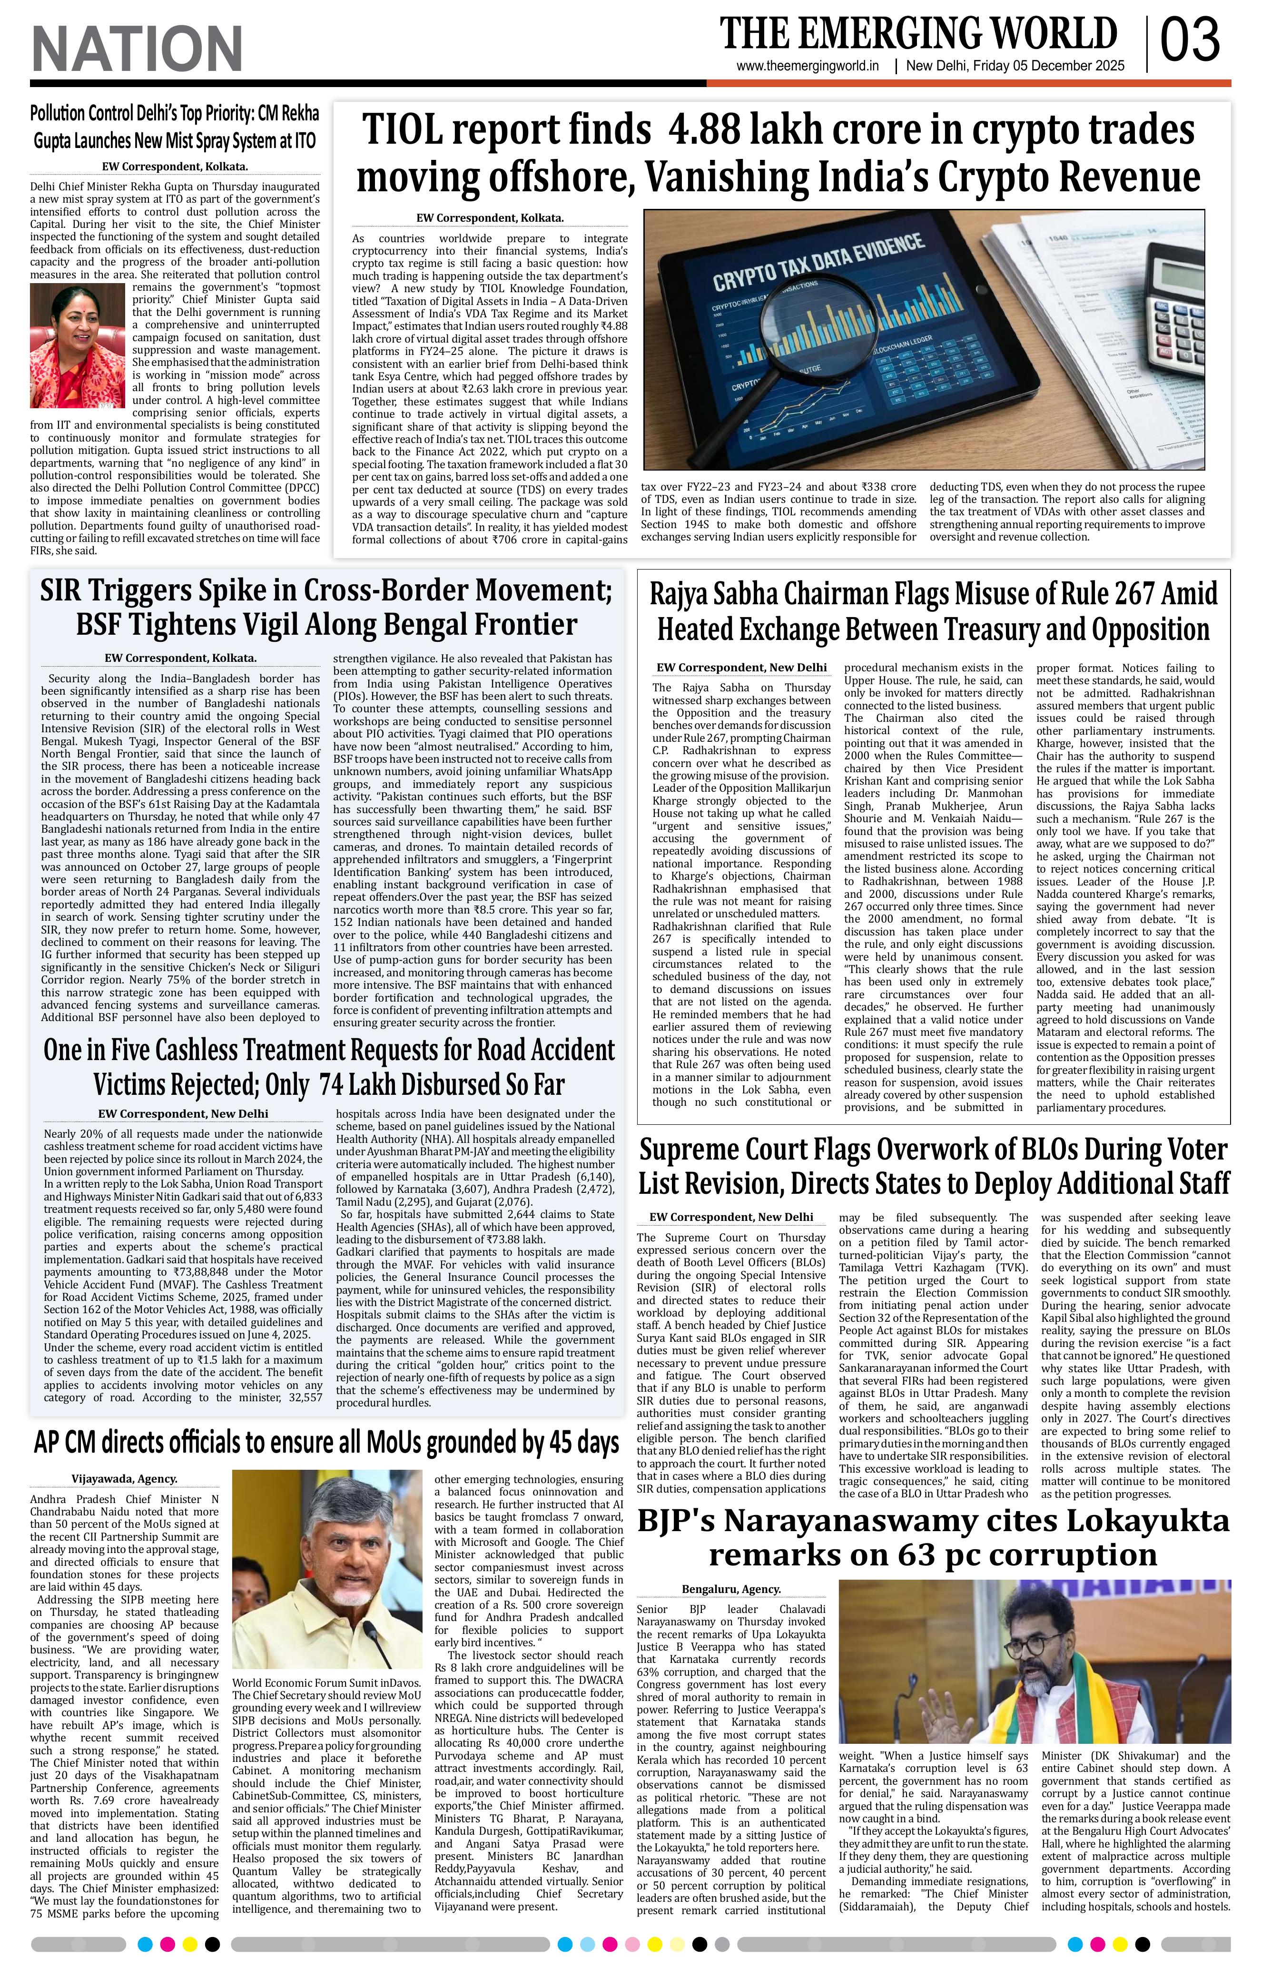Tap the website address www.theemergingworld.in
click(x=808, y=67)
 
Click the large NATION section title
click(x=137, y=48)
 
